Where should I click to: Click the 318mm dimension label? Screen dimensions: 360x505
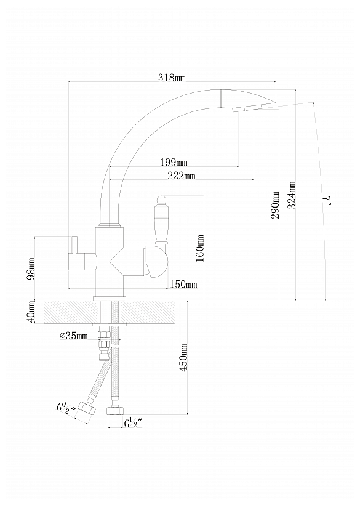tap(172, 78)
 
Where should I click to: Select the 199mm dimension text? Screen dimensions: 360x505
tap(174, 162)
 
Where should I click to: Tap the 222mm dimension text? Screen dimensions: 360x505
tap(182, 176)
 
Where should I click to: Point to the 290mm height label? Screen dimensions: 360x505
tap(276, 205)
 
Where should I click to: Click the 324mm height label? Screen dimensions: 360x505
tap(292, 195)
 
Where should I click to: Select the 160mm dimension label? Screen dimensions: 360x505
tap(200, 248)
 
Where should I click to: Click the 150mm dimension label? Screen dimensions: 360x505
tap(183, 285)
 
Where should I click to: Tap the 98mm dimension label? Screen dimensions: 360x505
tap(31, 269)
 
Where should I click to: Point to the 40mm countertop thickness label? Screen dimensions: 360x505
tap(31, 312)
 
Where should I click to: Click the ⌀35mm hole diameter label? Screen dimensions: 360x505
tap(74, 336)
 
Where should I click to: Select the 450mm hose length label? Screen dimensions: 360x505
tap(184, 357)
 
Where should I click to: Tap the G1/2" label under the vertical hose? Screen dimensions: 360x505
tap(133, 424)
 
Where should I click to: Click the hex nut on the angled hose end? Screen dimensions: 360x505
tap(87, 409)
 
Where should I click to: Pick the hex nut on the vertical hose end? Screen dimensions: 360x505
tap(115, 411)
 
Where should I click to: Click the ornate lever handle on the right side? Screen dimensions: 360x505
tap(161, 221)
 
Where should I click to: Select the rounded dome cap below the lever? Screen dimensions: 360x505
tap(157, 262)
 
